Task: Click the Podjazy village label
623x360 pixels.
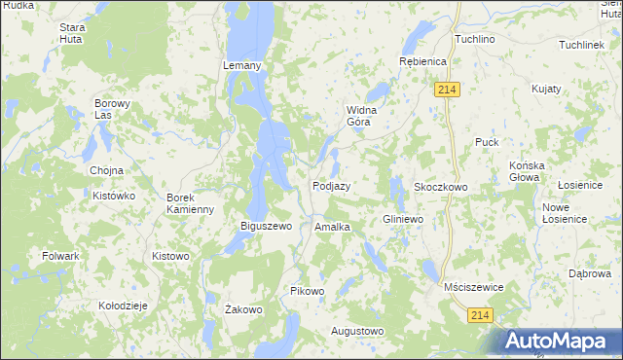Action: pyautogui.click(x=331, y=186)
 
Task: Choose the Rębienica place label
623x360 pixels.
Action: pyautogui.click(x=422, y=61)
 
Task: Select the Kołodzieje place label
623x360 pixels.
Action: pyautogui.click(x=123, y=306)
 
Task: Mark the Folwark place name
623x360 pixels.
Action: pyautogui.click(x=60, y=256)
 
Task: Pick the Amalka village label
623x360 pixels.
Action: pyautogui.click(x=332, y=227)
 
